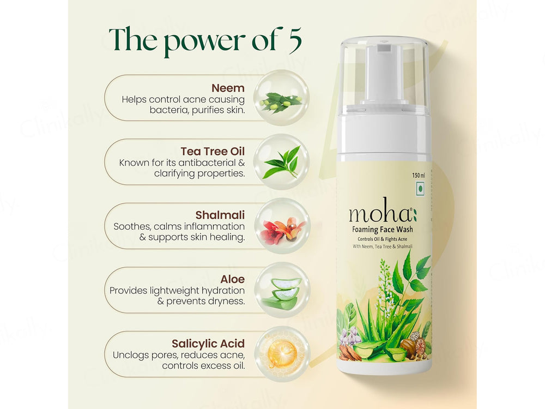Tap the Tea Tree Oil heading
[x=213, y=151]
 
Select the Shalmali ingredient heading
[x=219, y=215]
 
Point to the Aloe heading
[x=232, y=279]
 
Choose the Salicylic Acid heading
[x=208, y=344]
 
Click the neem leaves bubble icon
[x=281, y=98]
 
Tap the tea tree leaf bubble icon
[x=281, y=161]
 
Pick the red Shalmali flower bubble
[x=281, y=226]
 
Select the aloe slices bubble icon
[x=281, y=290]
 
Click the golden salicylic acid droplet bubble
[x=281, y=354]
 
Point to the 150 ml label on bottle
[x=418, y=176]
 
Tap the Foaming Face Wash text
[x=382, y=230]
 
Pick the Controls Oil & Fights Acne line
[x=382, y=239]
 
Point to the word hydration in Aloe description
[x=217, y=291]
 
